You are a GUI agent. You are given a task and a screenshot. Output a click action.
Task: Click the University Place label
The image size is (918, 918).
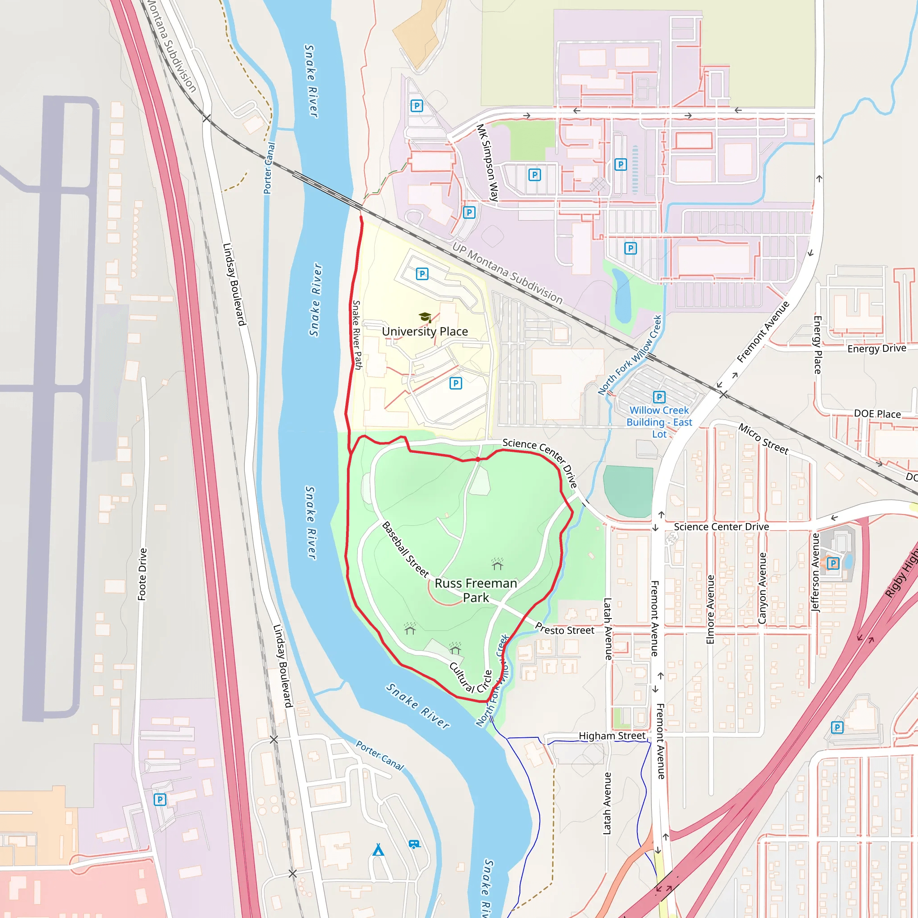point(425,331)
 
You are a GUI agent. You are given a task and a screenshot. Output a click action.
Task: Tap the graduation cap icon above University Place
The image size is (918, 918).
point(425,317)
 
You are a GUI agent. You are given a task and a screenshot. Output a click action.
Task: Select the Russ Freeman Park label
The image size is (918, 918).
point(476,590)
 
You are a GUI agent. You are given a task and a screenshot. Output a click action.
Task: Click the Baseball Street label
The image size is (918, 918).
point(405,549)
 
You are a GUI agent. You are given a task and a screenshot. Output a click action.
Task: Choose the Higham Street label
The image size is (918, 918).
point(612,736)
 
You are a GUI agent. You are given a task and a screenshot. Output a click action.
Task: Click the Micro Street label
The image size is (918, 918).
point(763,439)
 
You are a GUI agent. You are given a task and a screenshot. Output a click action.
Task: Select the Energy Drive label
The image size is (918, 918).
point(877,348)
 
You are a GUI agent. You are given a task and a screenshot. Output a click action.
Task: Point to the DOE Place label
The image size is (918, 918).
point(877,414)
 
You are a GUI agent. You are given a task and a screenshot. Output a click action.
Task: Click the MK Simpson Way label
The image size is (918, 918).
point(488,163)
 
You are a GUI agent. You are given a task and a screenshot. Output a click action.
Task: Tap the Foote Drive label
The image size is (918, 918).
point(142,574)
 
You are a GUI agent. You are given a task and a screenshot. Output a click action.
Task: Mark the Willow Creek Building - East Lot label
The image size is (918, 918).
point(659,422)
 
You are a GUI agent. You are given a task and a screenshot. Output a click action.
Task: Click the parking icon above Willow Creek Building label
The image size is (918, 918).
point(659,397)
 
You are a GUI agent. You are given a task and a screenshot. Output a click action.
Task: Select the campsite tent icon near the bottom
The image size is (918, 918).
point(378,849)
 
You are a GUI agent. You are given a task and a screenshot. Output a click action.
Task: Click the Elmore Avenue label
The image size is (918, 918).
point(710,609)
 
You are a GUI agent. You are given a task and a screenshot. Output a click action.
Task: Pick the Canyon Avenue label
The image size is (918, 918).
point(762,588)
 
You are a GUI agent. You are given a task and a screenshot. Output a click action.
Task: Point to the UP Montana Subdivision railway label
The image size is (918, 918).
point(507,273)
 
